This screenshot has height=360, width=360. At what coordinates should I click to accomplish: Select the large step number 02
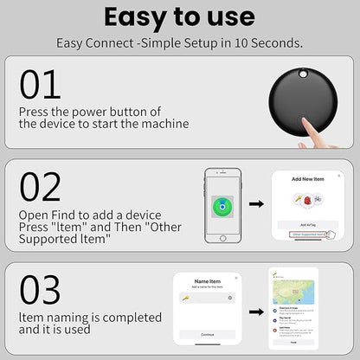pos(41,187)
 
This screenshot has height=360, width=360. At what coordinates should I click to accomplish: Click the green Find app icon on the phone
pos(223,209)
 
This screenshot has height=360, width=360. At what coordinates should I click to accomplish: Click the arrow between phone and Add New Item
pos(257,204)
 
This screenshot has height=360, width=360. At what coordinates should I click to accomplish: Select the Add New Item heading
pos(308,179)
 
